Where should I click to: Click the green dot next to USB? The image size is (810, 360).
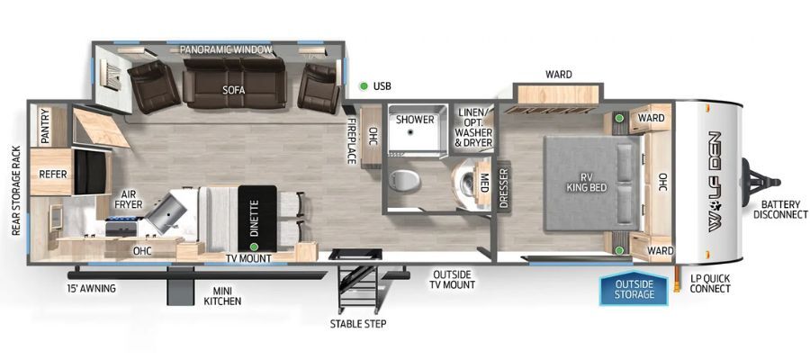pyautogui.click(x=364, y=85)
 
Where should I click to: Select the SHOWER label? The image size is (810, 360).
pyautogui.click(x=415, y=120)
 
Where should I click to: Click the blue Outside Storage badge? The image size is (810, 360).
pyautogui.click(x=634, y=288)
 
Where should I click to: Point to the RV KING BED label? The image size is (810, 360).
pyautogui.click(x=586, y=183)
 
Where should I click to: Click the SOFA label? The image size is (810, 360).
pyautogui.click(x=233, y=90)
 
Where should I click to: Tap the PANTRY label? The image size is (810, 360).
pyautogui.click(x=45, y=127)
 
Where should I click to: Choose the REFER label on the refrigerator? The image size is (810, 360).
pyautogui.click(x=53, y=175)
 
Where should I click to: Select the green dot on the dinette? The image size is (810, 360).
pyautogui.click(x=254, y=239)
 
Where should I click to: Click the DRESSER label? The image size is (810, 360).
pyautogui.click(x=504, y=187)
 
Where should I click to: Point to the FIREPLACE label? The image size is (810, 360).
pyautogui.click(x=351, y=140)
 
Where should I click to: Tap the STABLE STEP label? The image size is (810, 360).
pyautogui.click(x=358, y=324)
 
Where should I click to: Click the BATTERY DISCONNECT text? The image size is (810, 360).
pyautogui.click(x=780, y=209)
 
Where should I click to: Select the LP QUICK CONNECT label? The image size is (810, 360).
pyautogui.click(x=710, y=284)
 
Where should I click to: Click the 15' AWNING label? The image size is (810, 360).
pyautogui.click(x=91, y=288)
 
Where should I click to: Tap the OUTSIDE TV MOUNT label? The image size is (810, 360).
pyautogui.click(x=454, y=279)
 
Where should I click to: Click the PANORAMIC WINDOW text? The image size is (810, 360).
pyautogui.click(x=226, y=49)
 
